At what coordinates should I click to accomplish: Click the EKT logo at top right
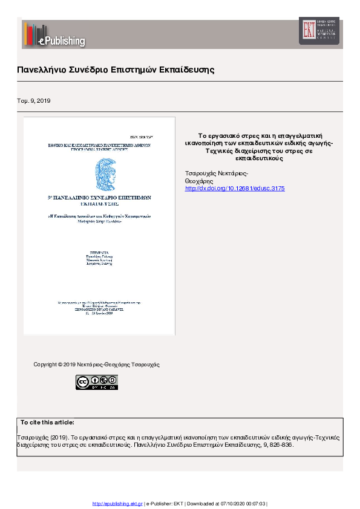tap(318, 30)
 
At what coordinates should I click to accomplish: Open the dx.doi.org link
tap(234, 189)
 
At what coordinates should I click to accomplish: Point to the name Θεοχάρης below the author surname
tap(198, 181)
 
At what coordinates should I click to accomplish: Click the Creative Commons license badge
tap(97, 382)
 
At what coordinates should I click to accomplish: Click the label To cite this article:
tap(47, 422)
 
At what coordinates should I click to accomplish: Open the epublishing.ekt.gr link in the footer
tap(117, 504)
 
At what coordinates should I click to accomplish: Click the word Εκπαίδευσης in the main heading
tap(187, 70)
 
